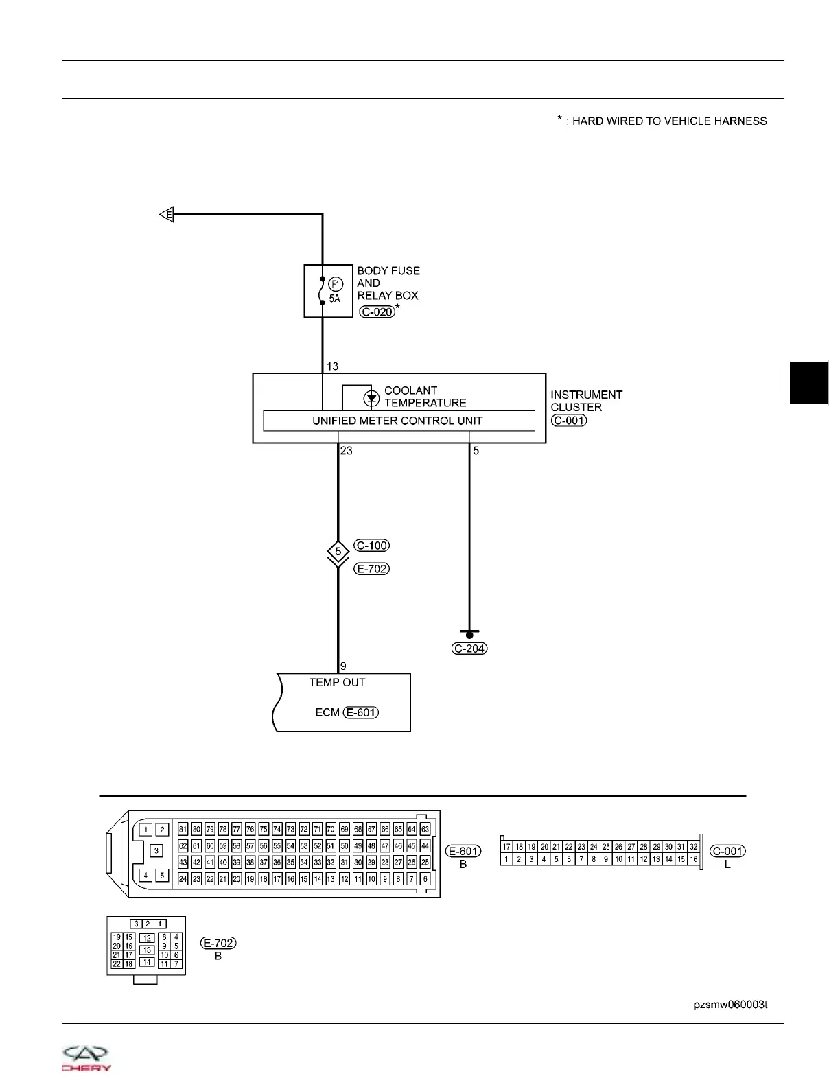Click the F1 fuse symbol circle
tap(335, 284)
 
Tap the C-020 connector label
tap(377, 312)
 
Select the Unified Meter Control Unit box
tap(399, 421)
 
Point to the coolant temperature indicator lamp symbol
tap(371, 398)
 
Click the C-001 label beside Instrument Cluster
tap(569, 421)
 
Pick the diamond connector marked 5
tap(338, 552)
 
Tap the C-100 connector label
tap(372, 546)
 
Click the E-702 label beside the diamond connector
tap(372, 569)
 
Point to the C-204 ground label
tap(470, 648)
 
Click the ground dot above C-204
tap(469, 635)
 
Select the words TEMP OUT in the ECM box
tap(337, 683)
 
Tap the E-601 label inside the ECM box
tap(361, 712)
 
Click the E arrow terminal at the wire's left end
tap(166, 215)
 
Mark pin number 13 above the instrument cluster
tap(332, 366)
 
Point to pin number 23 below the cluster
tap(347, 451)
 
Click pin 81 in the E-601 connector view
tap(183, 829)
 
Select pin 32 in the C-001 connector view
tap(694, 847)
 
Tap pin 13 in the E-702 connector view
tap(147, 950)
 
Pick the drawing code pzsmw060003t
tap(730, 1005)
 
